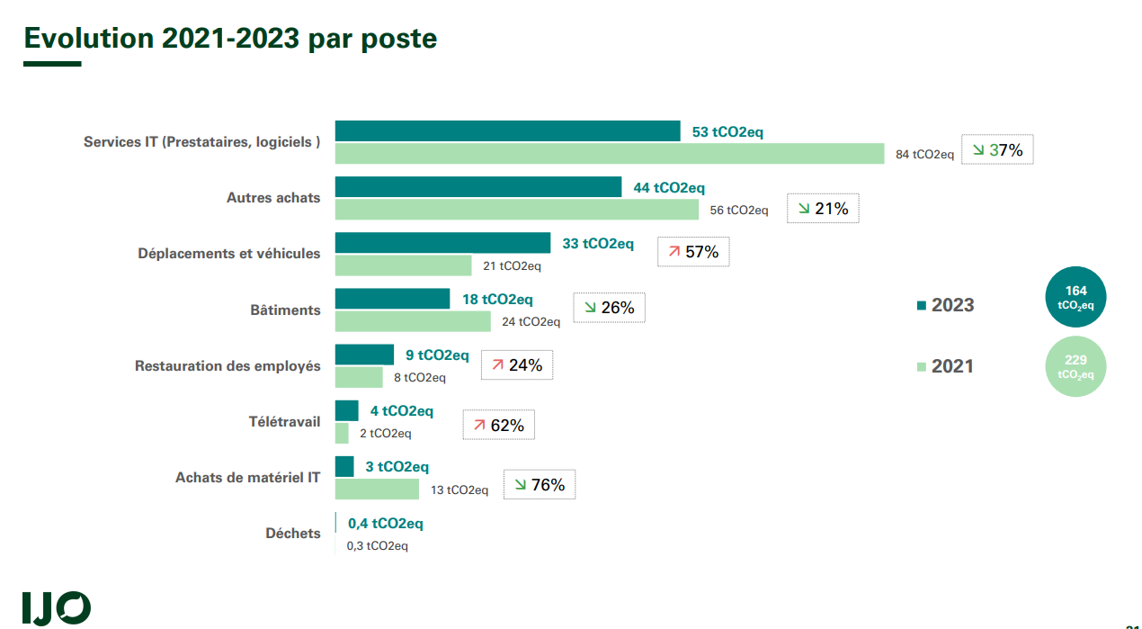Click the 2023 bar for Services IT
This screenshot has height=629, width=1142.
click(x=507, y=130)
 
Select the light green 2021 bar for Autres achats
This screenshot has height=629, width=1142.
click(x=516, y=210)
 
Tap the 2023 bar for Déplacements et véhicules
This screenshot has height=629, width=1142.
click(x=442, y=243)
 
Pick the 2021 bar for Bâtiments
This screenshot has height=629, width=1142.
click(x=413, y=321)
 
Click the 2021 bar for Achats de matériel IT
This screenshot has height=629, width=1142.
click(x=377, y=489)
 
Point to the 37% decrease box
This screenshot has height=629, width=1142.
click(x=997, y=150)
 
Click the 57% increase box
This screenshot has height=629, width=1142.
click(x=693, y=252)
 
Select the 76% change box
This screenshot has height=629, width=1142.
click(x=540, y=485)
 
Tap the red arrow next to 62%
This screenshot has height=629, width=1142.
click(x=479, y=425)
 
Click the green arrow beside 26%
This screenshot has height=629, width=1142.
click(x=590, y=308)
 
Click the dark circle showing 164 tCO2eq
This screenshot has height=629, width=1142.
click(x=1075, y=297)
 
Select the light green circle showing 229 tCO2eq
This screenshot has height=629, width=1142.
click(x=1075, y=366)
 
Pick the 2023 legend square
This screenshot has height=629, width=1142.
click(x=921, y=306)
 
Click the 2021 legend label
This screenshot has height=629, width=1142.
click(x=952, y=366)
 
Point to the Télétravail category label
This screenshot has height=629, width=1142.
click(x=284, y=421)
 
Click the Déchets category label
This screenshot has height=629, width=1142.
click(x=292, y=534)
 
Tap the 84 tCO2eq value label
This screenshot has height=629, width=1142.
click(x=924, y=154)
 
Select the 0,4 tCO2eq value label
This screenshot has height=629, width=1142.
click(x=385, y=524)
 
